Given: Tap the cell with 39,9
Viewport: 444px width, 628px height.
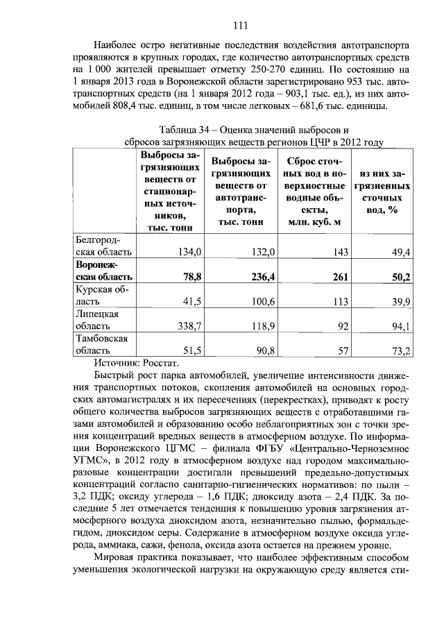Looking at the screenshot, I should (x=400, y=300).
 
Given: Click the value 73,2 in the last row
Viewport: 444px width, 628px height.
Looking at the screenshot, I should (x=400, y=350).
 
